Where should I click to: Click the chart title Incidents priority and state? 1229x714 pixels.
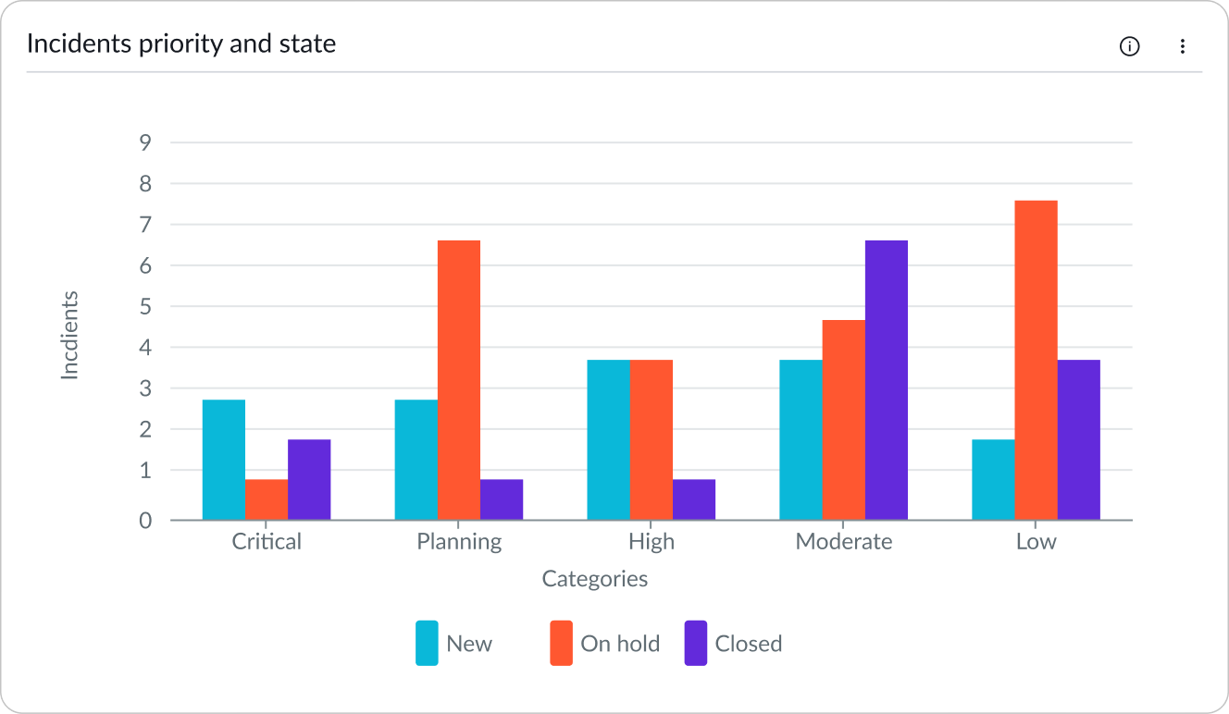tap(181, 43)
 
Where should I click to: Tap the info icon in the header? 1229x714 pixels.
tap(1129, 46)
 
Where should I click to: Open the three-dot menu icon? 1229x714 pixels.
tap(1182, 46)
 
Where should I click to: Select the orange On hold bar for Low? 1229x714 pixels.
tap(1036, 360)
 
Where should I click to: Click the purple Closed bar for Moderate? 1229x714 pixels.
tap(886, 380)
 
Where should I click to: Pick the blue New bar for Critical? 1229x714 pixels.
tap(224, 460)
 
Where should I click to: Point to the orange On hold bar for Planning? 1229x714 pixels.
tap(459, 380)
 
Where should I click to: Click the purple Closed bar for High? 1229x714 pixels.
tap(693, 499)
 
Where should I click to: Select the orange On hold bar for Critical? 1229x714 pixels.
tap(267, 499)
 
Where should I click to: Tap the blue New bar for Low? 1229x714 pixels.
tap(993, 479)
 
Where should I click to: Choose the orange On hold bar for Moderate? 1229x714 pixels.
tap(843, 420)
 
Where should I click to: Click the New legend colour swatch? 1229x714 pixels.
tap(427, 644)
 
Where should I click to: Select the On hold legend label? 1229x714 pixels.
tap(620, 644)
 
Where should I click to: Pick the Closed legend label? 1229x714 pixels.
tap(748, 644)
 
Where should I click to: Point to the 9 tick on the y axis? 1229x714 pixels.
tap(145, 142)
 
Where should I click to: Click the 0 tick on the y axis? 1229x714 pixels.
tap(145, 521)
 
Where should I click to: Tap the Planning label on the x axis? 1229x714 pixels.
tap(459, 542)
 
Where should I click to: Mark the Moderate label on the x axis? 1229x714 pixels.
tap(843, 542)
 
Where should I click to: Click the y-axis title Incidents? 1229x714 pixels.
tap(70, 335)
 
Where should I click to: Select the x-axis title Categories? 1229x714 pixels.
tap(594, 580)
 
